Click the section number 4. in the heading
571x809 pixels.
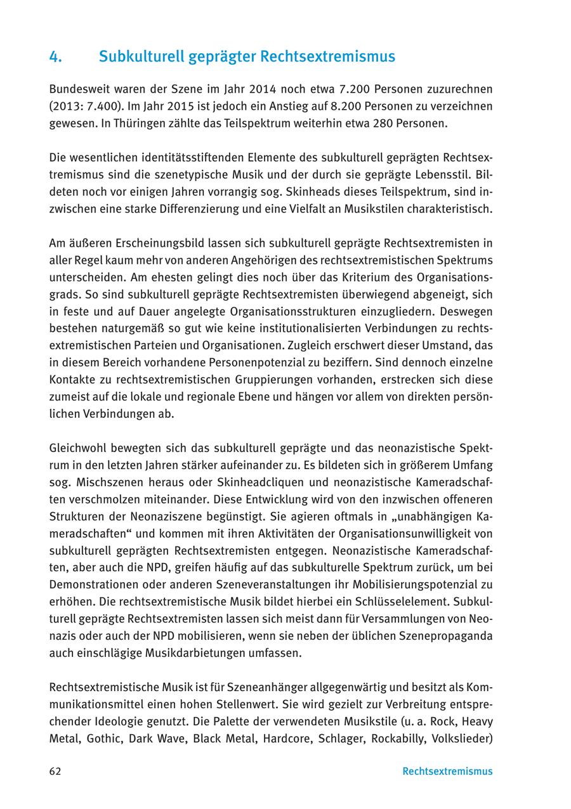(x=55, y=57)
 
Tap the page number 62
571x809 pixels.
(x=55, y=772)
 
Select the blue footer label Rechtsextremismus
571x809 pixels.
(x=447, y=772)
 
